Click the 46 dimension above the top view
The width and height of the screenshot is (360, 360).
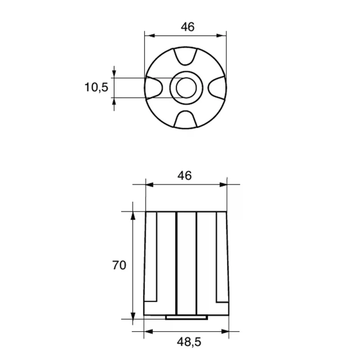(x=188, y=27)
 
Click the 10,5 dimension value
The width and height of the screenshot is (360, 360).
(x=96, y=87)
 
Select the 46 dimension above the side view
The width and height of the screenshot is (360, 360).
(x=184, y=176)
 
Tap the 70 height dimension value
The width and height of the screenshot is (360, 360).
(x=119, y=265)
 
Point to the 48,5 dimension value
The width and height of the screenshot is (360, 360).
(x=189, y=342)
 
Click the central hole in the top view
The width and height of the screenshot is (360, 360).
(x=186, y=88)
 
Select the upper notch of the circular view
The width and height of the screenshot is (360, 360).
(x=185, y=56)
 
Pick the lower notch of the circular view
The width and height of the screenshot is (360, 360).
(x=185, y=119)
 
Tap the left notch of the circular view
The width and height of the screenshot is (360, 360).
(x=154, y=88)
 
